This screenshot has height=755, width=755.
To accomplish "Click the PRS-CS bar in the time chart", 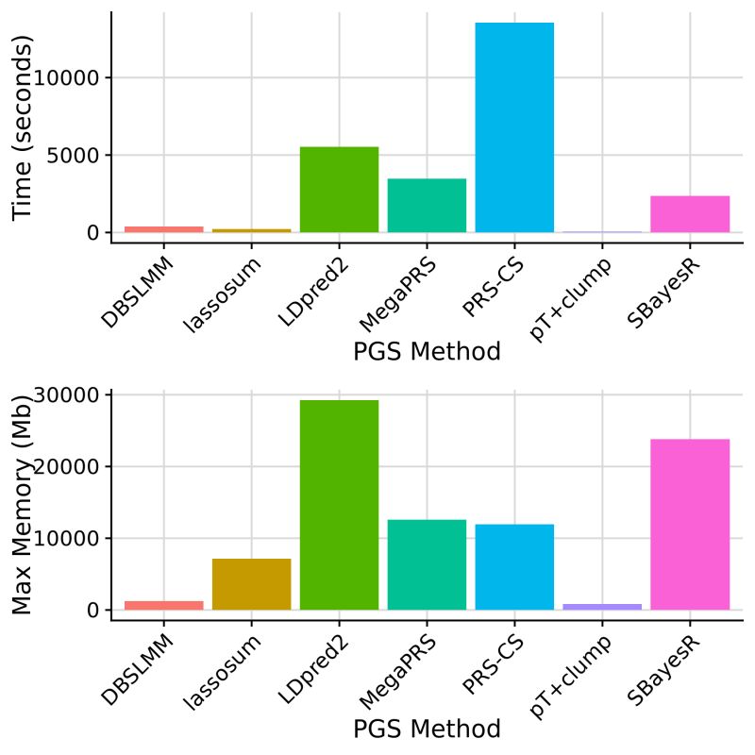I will [514, 127].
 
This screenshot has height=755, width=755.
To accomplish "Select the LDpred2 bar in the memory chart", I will [339, 505].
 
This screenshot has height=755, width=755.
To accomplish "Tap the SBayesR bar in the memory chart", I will [690, 524].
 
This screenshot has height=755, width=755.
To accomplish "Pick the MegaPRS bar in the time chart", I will [427, 205].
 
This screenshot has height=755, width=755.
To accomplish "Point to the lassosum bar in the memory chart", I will [252, 584].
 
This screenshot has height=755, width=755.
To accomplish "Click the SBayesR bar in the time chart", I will [690, 213].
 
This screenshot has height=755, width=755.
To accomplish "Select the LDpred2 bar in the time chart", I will [339, 189].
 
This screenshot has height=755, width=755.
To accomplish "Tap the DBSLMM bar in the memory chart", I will [164, 605].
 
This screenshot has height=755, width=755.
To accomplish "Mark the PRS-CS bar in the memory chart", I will [514, 566].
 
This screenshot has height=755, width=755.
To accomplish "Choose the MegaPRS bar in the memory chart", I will [427, 564].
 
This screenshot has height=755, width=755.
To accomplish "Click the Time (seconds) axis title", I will [24, 127].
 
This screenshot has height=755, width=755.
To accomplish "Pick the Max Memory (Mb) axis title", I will [24, 505].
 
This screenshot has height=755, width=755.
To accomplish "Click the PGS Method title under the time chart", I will [427, 353].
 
